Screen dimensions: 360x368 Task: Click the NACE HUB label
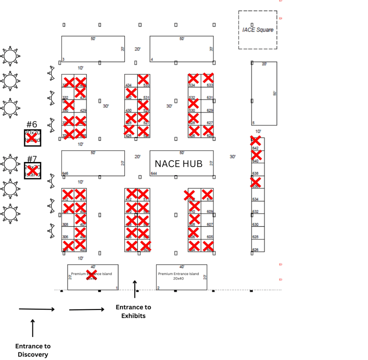[x=179, y=164]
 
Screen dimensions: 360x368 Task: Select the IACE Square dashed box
[x=258, y=30]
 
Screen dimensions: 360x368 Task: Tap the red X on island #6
[x=32, y=138]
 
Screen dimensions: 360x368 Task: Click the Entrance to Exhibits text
[x=133, y=311]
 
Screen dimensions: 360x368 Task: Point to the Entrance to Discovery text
[x=33, y=350]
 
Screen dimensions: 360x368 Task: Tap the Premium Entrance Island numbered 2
[x=181, y=277]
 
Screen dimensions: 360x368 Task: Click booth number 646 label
[x=65, y=174]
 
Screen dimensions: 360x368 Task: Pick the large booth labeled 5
[x=264, y=93]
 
